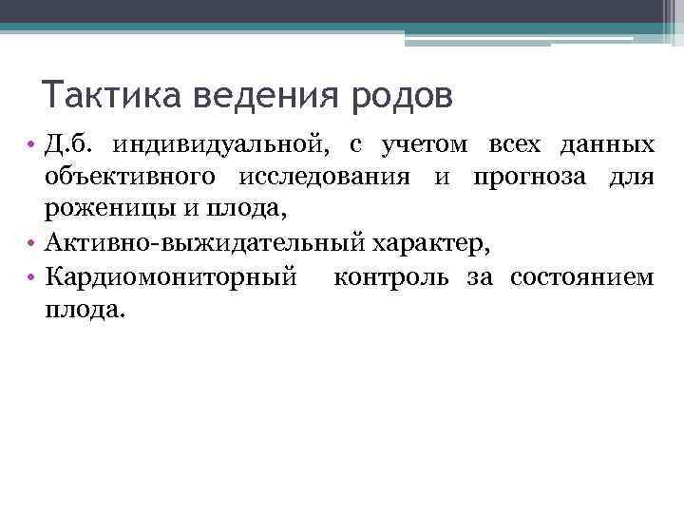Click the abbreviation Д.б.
coord(68,145)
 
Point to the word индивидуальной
coord(220,145)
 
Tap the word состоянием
coord(581,277)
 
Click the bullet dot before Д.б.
coord(30,146)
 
